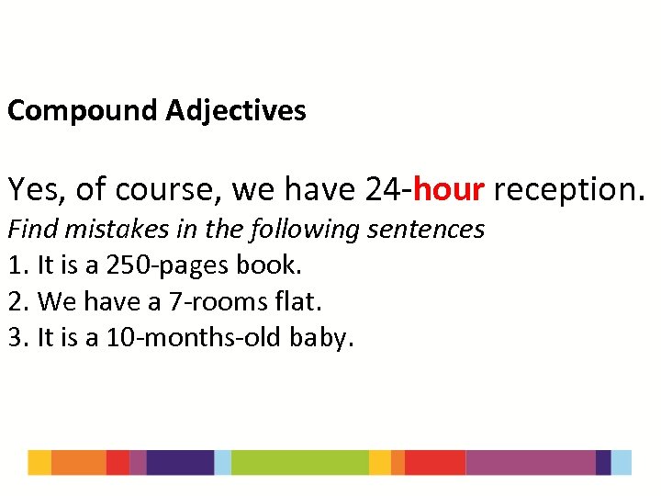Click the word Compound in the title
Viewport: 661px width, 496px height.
click(84, 111)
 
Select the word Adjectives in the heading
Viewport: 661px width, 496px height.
click(236, 111)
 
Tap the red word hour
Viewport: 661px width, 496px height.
click(449, 189)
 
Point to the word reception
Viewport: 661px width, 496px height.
click(568, 190)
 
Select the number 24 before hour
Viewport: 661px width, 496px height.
click(385, 189)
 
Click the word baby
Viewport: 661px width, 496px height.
click(320, 339)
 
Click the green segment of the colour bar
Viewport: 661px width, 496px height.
click(299, 462)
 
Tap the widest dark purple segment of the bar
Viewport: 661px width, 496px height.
click(180, 462)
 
